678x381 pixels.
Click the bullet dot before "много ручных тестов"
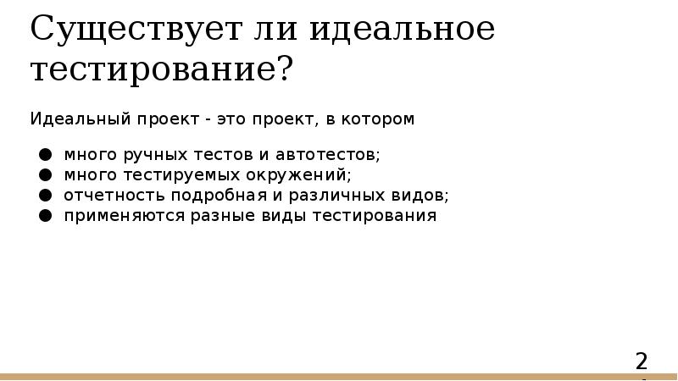44,155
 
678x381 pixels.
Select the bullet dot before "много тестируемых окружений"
44,175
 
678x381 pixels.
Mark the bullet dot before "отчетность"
44,196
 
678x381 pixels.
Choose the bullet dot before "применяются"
44,216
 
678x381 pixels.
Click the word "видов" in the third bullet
420,196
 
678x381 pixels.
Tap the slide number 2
642,362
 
